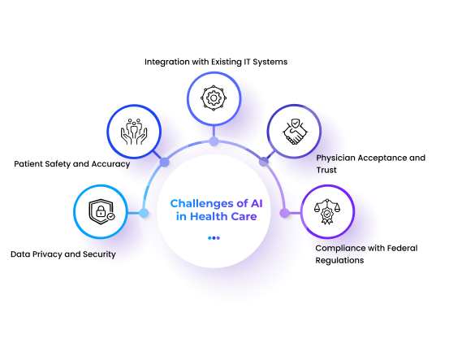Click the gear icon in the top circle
(x=214, y=98)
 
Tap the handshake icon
(x=295, y=132)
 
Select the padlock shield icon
(x=101, y=211)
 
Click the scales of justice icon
(x=327, y=211)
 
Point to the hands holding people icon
(x=134, y=132)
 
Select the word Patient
(x=28, y=164)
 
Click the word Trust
(x=326, y=170)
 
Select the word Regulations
(x=339, y=261)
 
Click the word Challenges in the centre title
(x=202, y=204)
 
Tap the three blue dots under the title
(x=214, y=238)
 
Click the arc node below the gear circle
(x=214, y=141)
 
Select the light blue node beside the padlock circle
(x=144, y=213)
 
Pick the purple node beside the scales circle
(x=284, y=213)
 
